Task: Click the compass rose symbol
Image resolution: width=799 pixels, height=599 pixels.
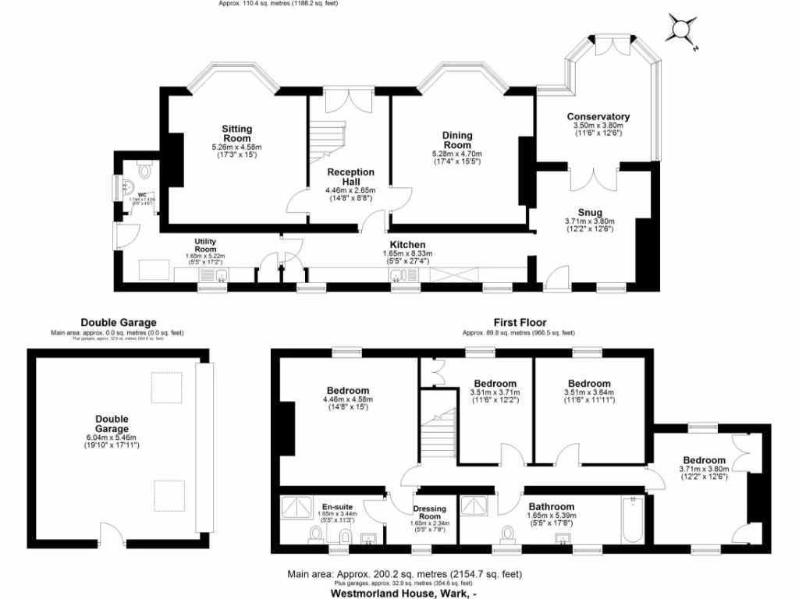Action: click(x=680, y=30)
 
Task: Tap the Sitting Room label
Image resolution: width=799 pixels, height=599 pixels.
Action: click(x=236, y=134)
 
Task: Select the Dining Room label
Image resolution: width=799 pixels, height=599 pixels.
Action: click(x=457, y=140)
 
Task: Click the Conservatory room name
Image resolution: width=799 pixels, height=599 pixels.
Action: click(x=598, y=117)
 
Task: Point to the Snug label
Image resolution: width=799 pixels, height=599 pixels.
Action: click(x=589, y=212)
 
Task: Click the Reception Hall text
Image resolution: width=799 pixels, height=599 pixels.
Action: click(x=350, y=177)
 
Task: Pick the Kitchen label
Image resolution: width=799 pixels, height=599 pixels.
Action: click(x=407, y=245)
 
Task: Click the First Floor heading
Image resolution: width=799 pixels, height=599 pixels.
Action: click(x=520, y=322)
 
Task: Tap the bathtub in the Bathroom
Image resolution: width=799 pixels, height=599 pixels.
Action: click(x=631, y=520)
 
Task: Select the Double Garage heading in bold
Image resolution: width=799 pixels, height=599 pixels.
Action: click(x=119, y=322)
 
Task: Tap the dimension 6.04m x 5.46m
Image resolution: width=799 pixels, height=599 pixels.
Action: click(x=112, y=438)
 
